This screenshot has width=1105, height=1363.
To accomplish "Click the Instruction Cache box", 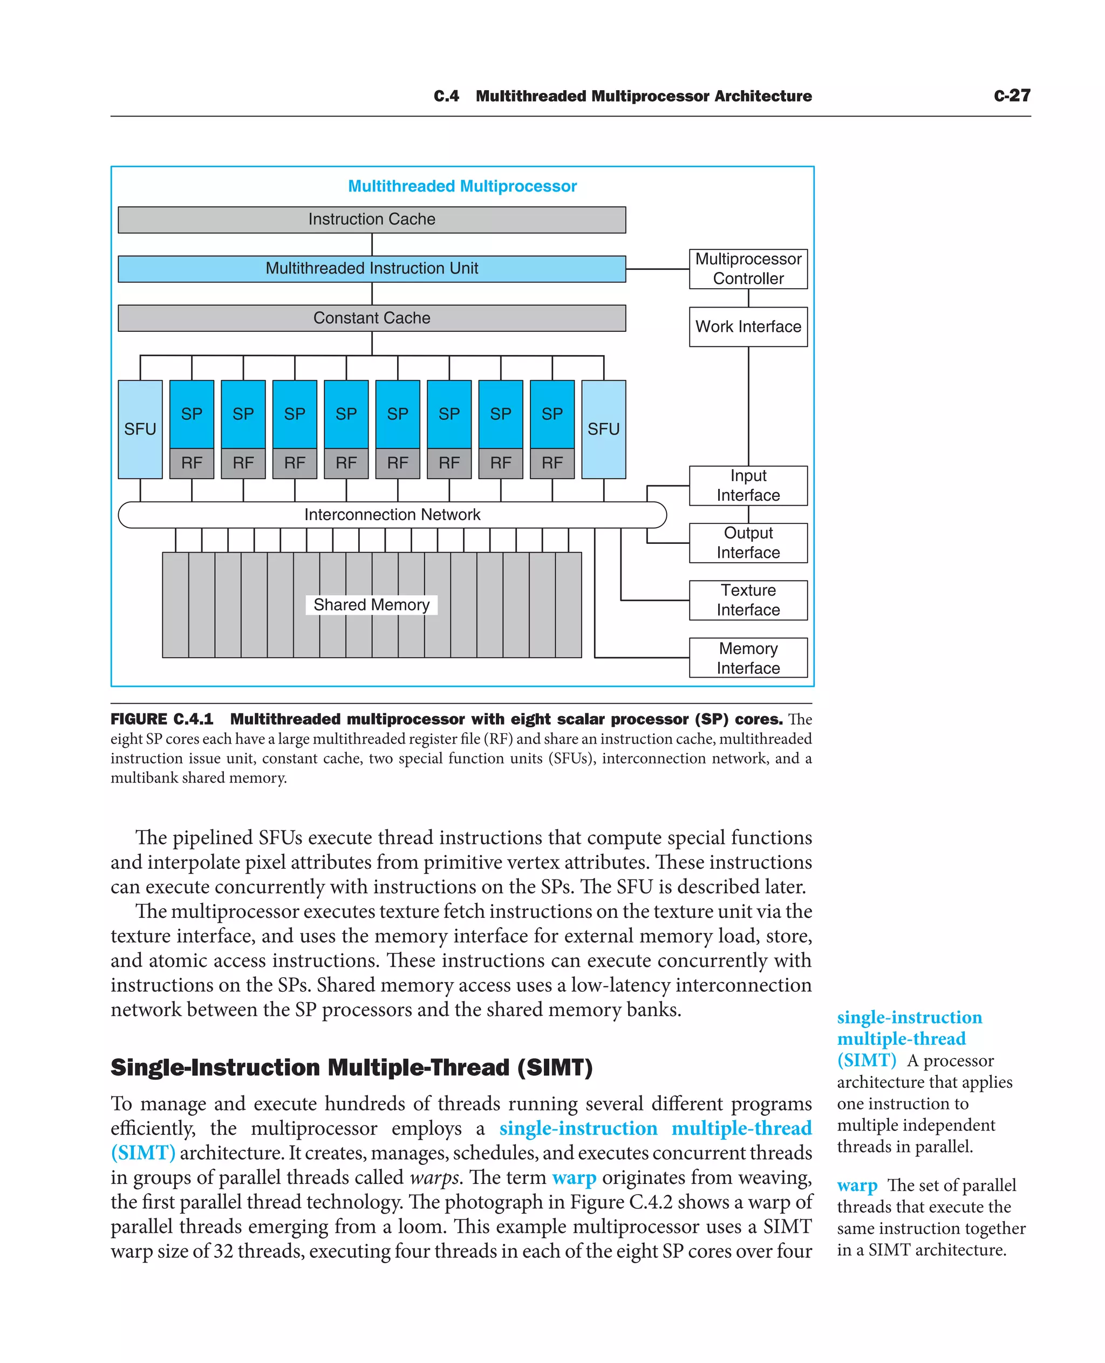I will (x=372, y=220).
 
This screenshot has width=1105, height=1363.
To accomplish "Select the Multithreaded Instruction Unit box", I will (x=372, y=269).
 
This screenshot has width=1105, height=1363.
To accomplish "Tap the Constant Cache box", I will (x=372, y=318).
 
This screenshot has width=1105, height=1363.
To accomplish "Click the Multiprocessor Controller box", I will (x=748, y=269).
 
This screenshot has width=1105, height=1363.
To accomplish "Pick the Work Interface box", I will (x=748, y=326).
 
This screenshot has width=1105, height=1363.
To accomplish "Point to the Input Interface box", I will (x=748, y=485).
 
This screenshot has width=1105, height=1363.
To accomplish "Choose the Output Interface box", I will (x=748, y=542).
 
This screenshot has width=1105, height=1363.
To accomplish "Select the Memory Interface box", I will (x=748, y=658).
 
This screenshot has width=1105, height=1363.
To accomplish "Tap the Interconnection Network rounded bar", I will (x=392, y=514).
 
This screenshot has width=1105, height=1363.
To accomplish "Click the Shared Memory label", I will (x=372, y=604).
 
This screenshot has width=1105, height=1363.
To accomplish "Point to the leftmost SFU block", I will (x=140, y=429).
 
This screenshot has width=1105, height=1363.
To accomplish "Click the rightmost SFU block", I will (x=603, y=429).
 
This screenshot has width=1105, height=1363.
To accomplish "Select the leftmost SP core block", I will (x=192, y=414).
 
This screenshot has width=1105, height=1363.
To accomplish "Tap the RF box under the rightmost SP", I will (x=552, y=463).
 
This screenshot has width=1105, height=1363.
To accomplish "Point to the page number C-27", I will (x=1012, y=96).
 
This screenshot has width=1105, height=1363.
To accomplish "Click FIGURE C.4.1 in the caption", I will (x=162, y=719).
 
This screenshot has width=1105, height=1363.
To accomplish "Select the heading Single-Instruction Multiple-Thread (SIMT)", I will (x=351, y=1068).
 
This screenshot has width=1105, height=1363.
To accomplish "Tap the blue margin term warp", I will (x=857, y=1185).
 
